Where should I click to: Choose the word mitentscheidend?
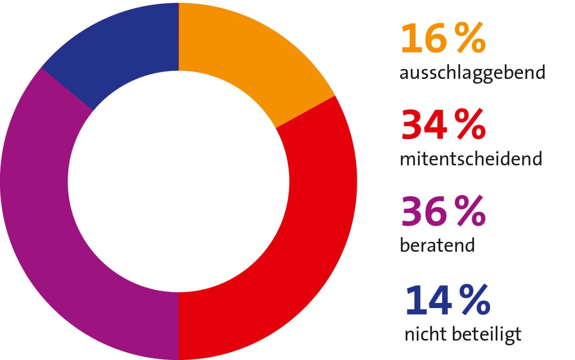(x=471, y=159)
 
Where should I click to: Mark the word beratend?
(x=437, y=245)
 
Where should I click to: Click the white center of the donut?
(x=179, y=181)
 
